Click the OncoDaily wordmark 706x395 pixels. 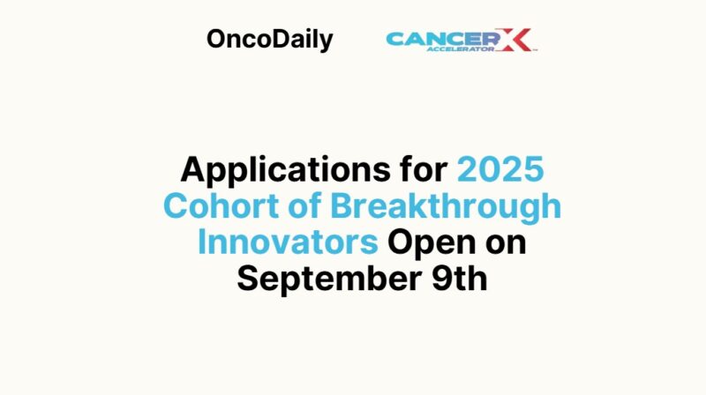point(269,40)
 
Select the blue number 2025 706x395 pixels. point(505,169)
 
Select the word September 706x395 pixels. point(326,279)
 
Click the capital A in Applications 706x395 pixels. point(194,169)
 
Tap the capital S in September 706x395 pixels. point(248,279)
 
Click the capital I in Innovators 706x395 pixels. point(203,242)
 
